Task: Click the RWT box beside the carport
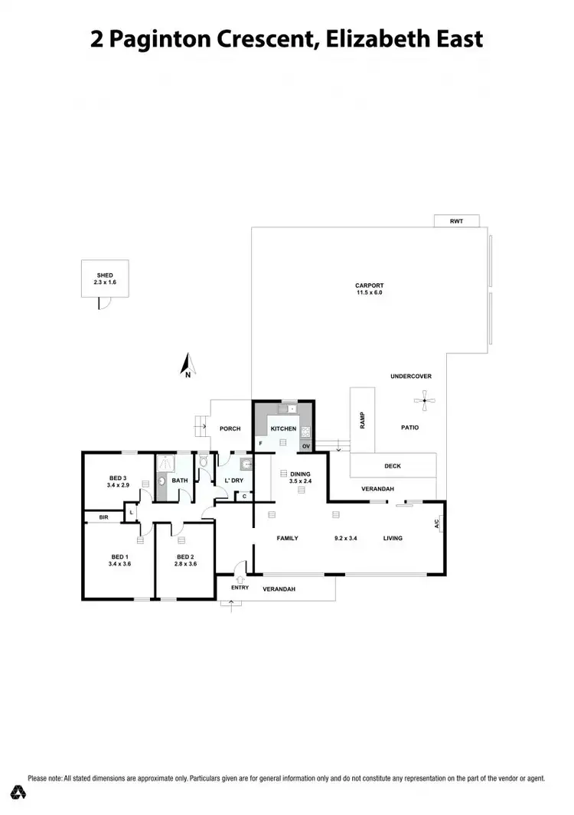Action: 457,221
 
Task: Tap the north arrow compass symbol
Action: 187,365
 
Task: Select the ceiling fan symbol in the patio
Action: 424,399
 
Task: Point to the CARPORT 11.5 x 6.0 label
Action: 369,289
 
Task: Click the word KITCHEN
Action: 283,429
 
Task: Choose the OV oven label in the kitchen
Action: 305,445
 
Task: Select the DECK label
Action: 393,466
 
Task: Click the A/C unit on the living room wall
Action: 437,524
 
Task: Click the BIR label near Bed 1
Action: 103,518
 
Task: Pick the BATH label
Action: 180,481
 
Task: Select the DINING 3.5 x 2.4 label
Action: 300,478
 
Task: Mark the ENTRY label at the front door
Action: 240,588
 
